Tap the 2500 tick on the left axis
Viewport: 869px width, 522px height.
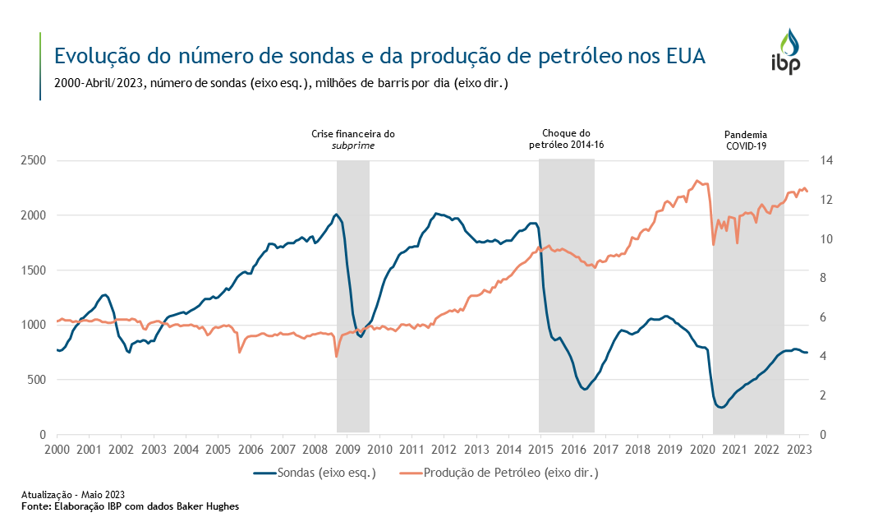(x=32, y=160)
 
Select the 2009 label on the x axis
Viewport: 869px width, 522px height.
(x=347, y=450)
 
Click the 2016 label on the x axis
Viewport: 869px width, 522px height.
(x=572, y=450)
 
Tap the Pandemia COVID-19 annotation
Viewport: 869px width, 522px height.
(x=747, y=140)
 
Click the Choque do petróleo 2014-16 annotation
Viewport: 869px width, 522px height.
(x=567, y=140)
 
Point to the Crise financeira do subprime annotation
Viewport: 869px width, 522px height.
(x=353, y=140)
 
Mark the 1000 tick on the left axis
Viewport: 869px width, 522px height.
(x=32, y=325)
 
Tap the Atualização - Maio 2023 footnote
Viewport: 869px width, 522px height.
(x=73, y=494)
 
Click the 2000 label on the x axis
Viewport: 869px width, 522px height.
(x=56, y=450)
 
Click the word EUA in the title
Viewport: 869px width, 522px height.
(x=680, y=57)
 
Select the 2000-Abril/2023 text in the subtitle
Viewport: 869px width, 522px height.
(x=98, y=83)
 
